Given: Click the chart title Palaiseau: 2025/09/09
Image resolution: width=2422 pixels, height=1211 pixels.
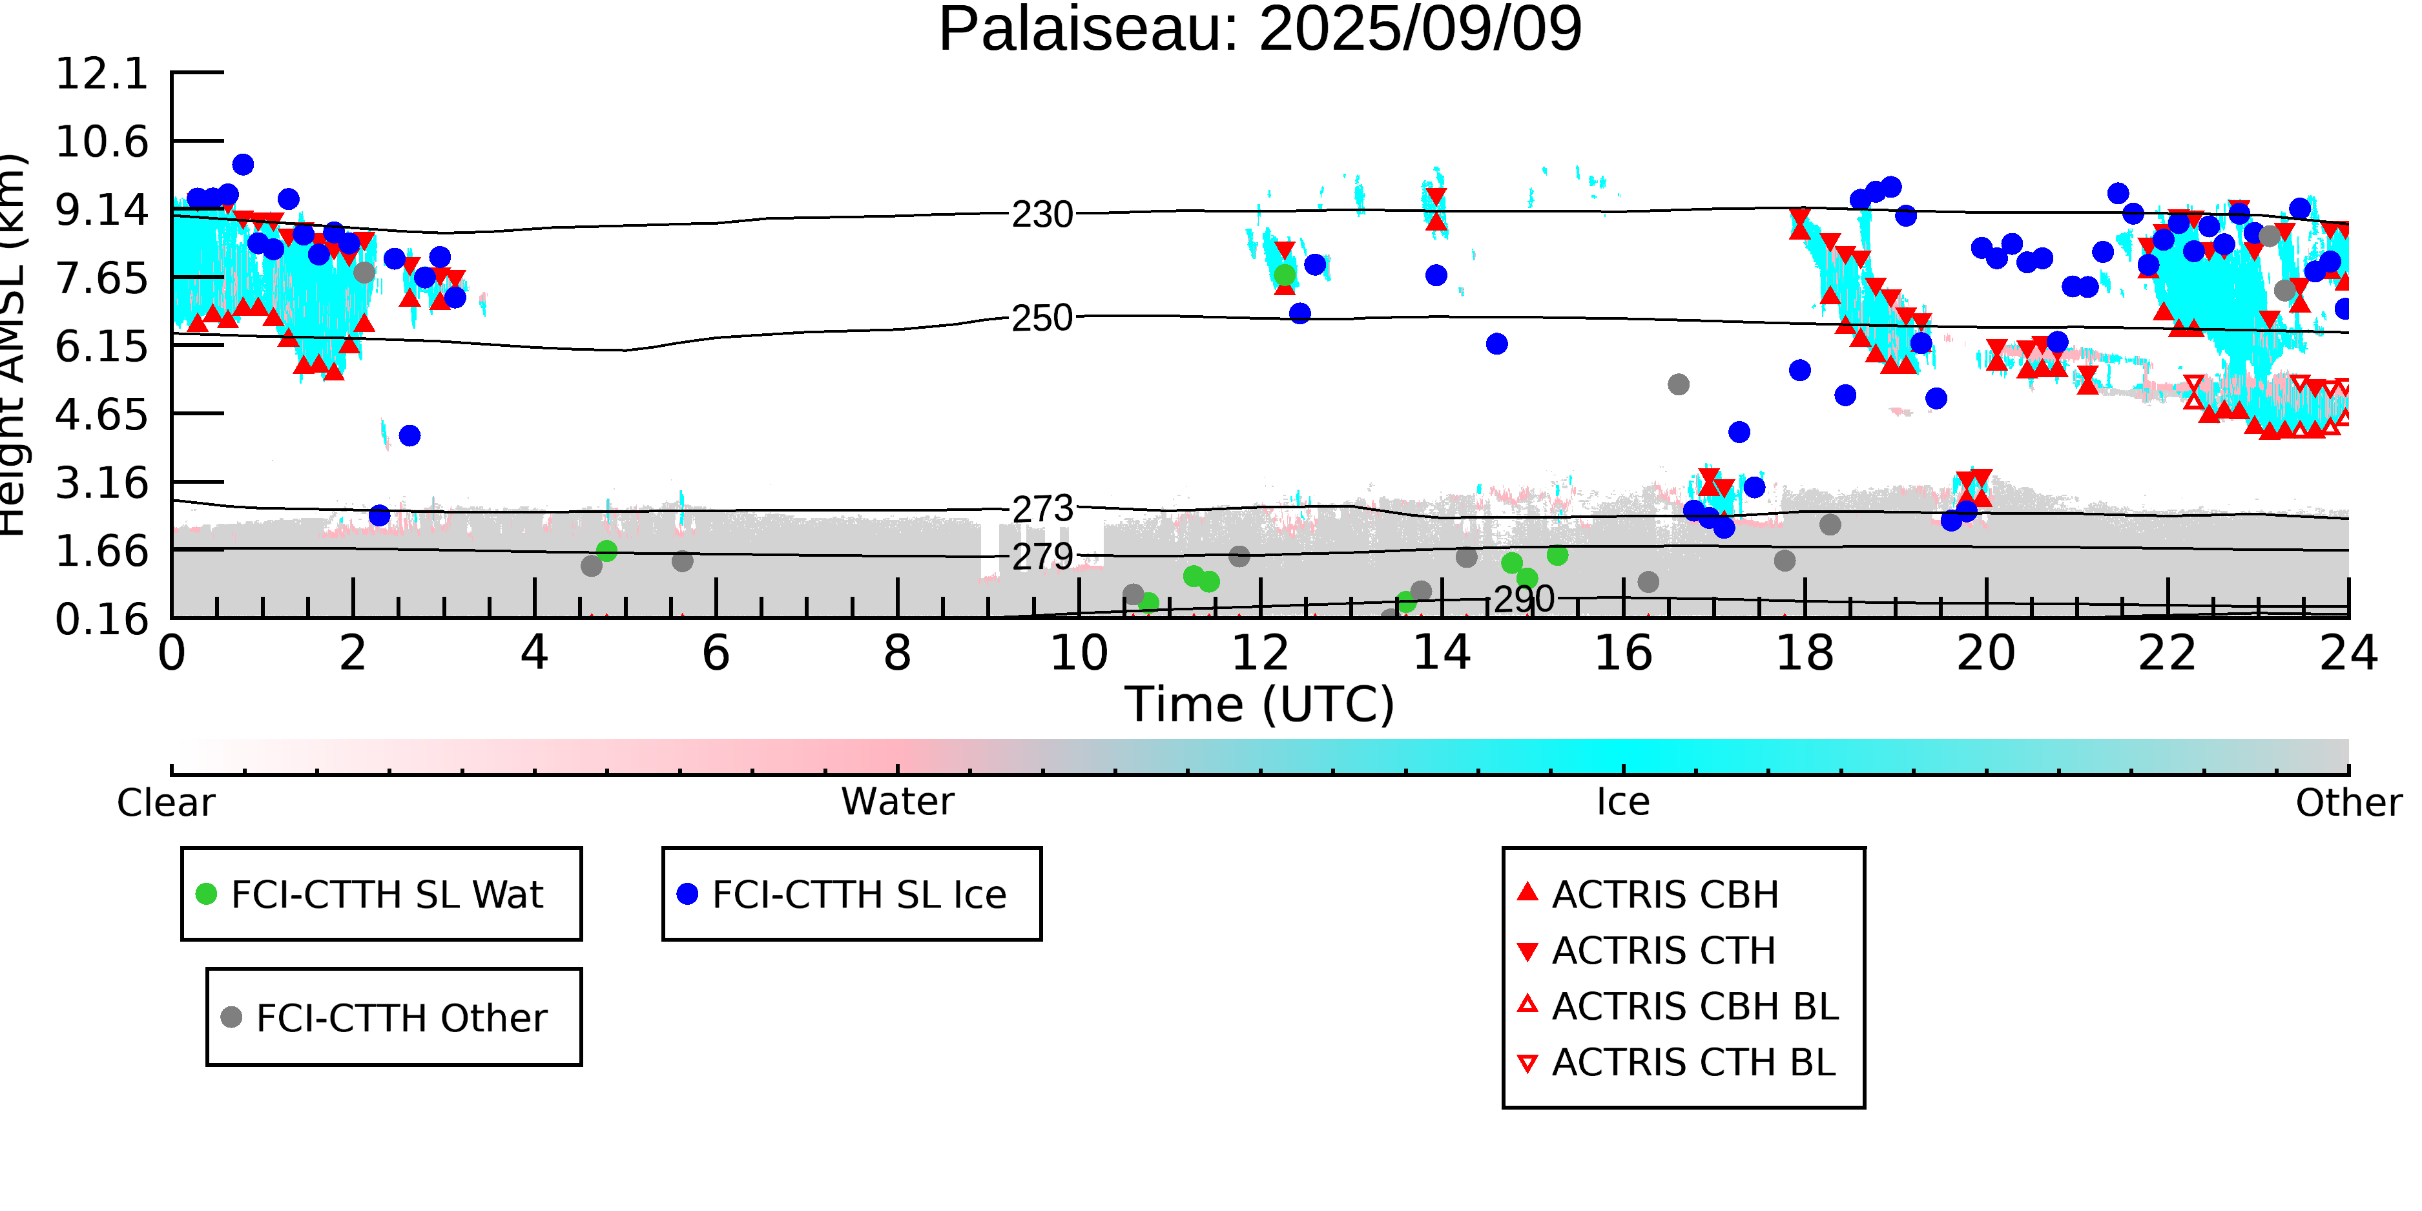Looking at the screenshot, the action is click(1260, 30).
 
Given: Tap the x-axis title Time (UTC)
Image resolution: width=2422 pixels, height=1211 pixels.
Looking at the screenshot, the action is click(1260, 704).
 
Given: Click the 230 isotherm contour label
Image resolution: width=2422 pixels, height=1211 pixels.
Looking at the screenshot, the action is click(1042, 215).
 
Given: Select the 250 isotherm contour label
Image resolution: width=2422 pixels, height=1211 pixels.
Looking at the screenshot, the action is click(1042, 318).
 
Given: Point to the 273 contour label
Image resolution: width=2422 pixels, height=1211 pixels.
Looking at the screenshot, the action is click(1042, 510).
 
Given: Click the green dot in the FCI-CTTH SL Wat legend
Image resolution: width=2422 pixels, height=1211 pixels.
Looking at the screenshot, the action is click(206, 894).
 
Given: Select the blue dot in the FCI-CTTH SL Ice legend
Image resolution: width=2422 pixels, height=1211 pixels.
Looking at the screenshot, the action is click(687, 894).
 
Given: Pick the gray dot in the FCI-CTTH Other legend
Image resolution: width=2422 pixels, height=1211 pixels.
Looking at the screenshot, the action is click(231, 1017).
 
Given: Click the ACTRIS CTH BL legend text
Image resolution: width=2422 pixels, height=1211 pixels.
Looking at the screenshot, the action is click(1694, 1063).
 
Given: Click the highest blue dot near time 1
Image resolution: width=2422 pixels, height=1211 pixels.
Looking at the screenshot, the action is click(243, 165).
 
